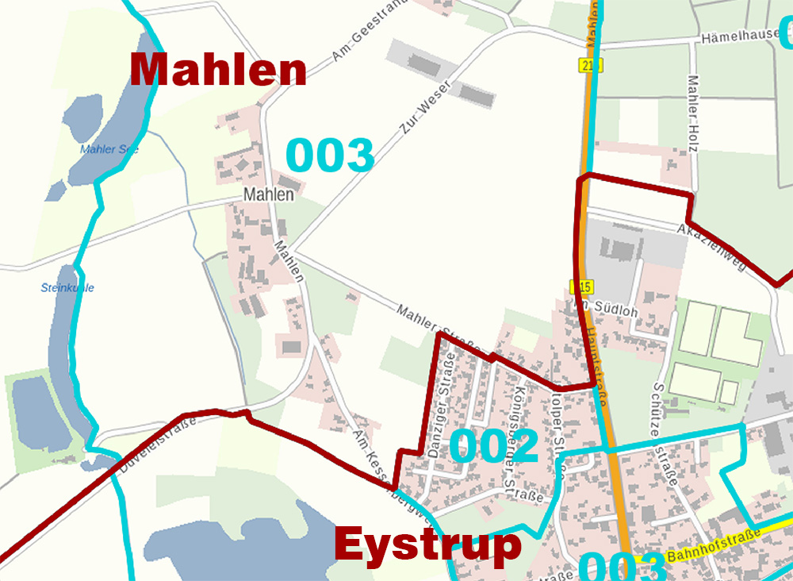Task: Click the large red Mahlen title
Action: pos(218,70)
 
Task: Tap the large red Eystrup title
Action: pos(427,546)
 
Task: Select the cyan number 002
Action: pos(494,446)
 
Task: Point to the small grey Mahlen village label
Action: pos(269,194)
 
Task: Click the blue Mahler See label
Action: pos(109,149)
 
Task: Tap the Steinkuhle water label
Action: pos(67,287)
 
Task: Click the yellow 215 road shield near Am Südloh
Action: pos(581,286)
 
